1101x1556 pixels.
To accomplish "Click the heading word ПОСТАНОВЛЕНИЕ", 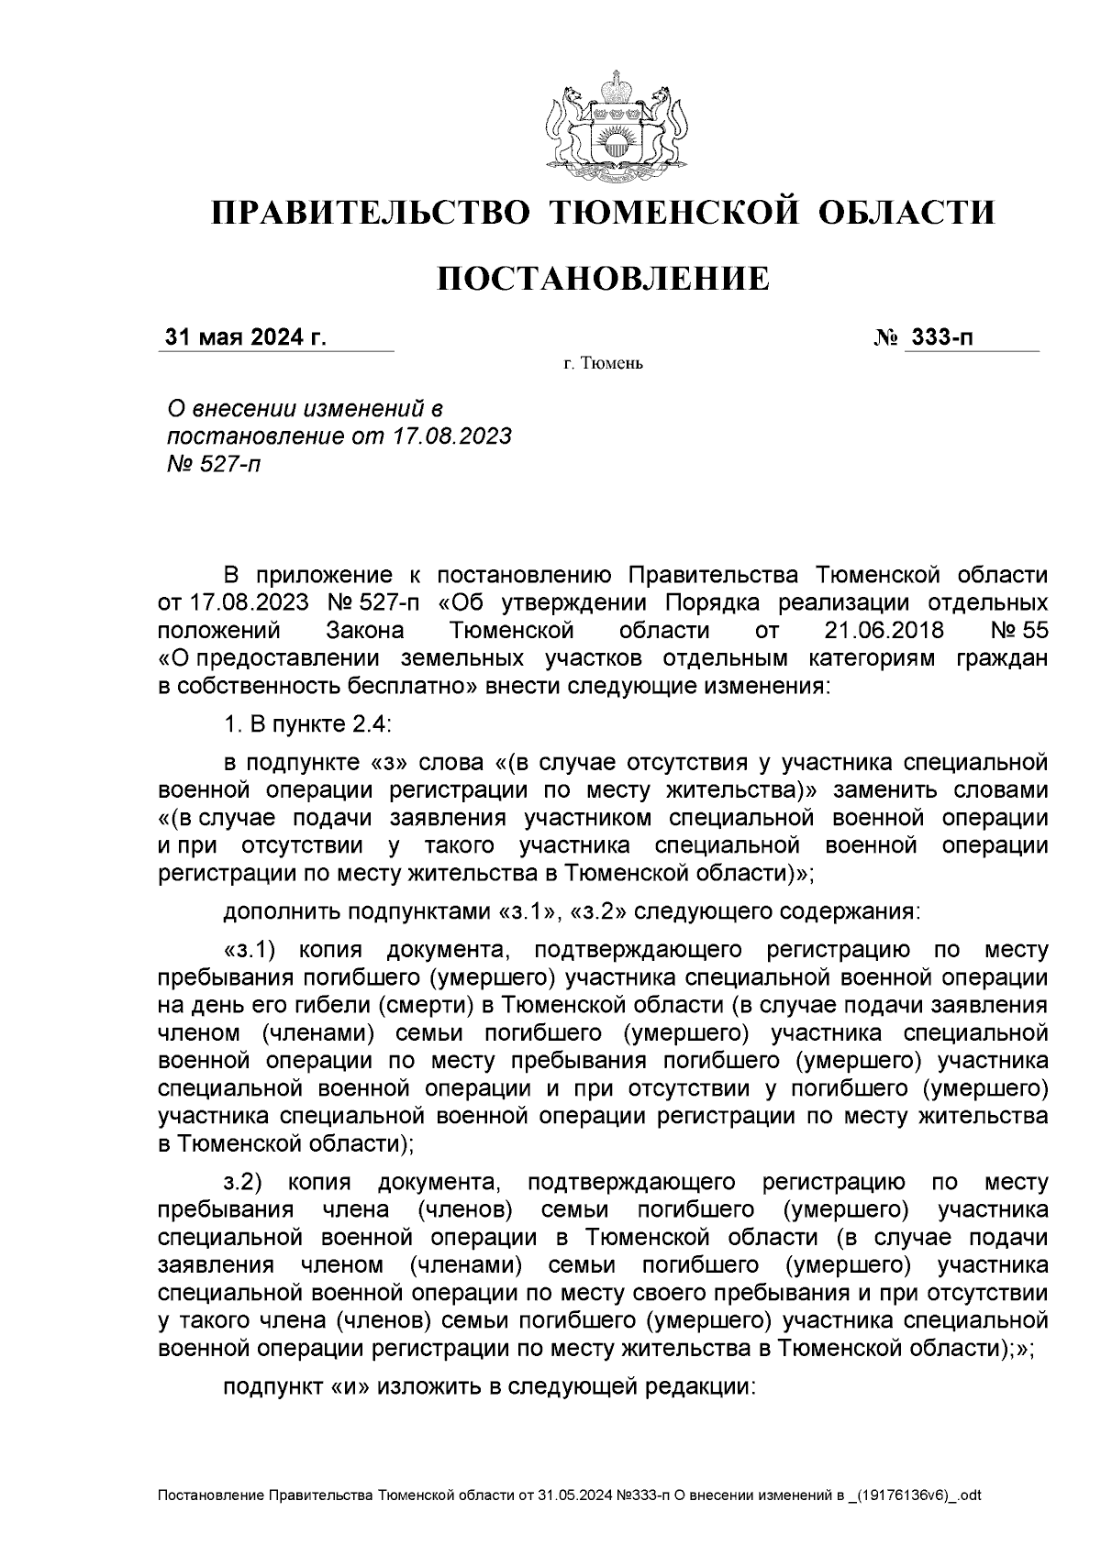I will [x=602, y=278].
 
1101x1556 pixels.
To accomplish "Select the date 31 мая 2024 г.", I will [x=246, y=337].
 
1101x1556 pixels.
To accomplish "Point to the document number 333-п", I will [x=940, y=337].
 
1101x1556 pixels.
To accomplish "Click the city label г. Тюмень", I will [x=603, y=364].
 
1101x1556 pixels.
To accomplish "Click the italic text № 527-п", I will [x=210, y=464].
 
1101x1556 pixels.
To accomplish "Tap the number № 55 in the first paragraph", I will [x=1019, y=631].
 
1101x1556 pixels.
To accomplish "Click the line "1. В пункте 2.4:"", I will [x=307, y=724].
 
